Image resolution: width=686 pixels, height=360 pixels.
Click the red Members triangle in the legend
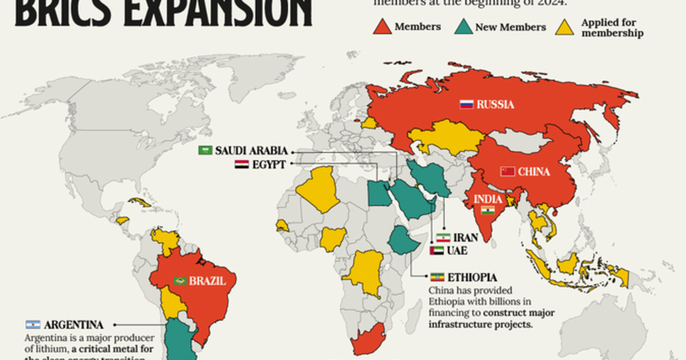(382, 26)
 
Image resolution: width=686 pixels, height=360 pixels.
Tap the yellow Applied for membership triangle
(565, 26)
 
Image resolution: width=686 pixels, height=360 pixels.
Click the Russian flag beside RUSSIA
(466, 105)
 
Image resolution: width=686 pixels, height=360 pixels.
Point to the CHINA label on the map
(534, 171)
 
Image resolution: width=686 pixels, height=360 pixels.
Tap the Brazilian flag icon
(180, 281)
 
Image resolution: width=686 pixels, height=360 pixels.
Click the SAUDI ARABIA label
(251, 151)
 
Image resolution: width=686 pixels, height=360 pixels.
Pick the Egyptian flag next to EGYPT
(241, 165)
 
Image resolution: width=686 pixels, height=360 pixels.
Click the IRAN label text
(466, 237)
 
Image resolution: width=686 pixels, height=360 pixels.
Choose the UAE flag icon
(437, 250)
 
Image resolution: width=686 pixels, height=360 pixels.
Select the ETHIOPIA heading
(472, 278)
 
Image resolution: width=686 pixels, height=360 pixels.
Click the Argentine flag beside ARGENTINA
(32, 325)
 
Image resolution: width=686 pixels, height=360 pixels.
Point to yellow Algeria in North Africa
(316, 189)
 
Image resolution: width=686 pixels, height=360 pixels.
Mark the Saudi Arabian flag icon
(205, 151)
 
